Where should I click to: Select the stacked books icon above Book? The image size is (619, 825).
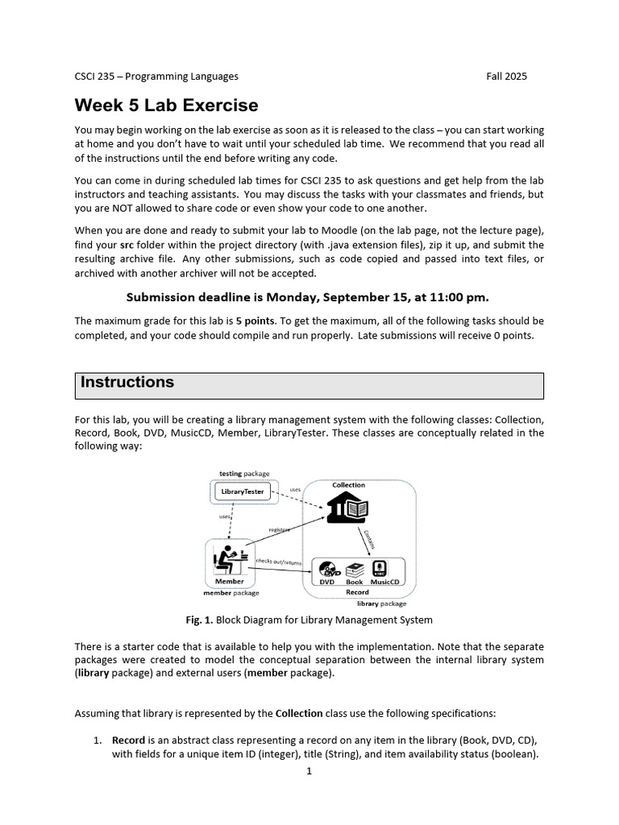(355, 568)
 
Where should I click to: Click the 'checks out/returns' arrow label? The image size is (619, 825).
(278, 560)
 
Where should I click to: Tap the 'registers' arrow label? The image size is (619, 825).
(279, 529)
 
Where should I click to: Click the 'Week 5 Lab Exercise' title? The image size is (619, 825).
(167, 106)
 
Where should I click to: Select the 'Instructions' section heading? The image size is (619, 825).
(127, 383)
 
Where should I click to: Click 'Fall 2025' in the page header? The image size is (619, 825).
(506, 77)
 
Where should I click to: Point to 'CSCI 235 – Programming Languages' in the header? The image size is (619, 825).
(156, 77)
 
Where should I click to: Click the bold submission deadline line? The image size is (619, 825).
(309, 296)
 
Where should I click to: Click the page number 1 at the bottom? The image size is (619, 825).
(309, 771)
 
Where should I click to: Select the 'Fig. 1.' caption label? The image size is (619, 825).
(199, 620)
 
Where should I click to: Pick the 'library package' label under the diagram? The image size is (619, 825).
(381, 603)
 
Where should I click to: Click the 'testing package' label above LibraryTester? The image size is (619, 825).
(244, 473)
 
